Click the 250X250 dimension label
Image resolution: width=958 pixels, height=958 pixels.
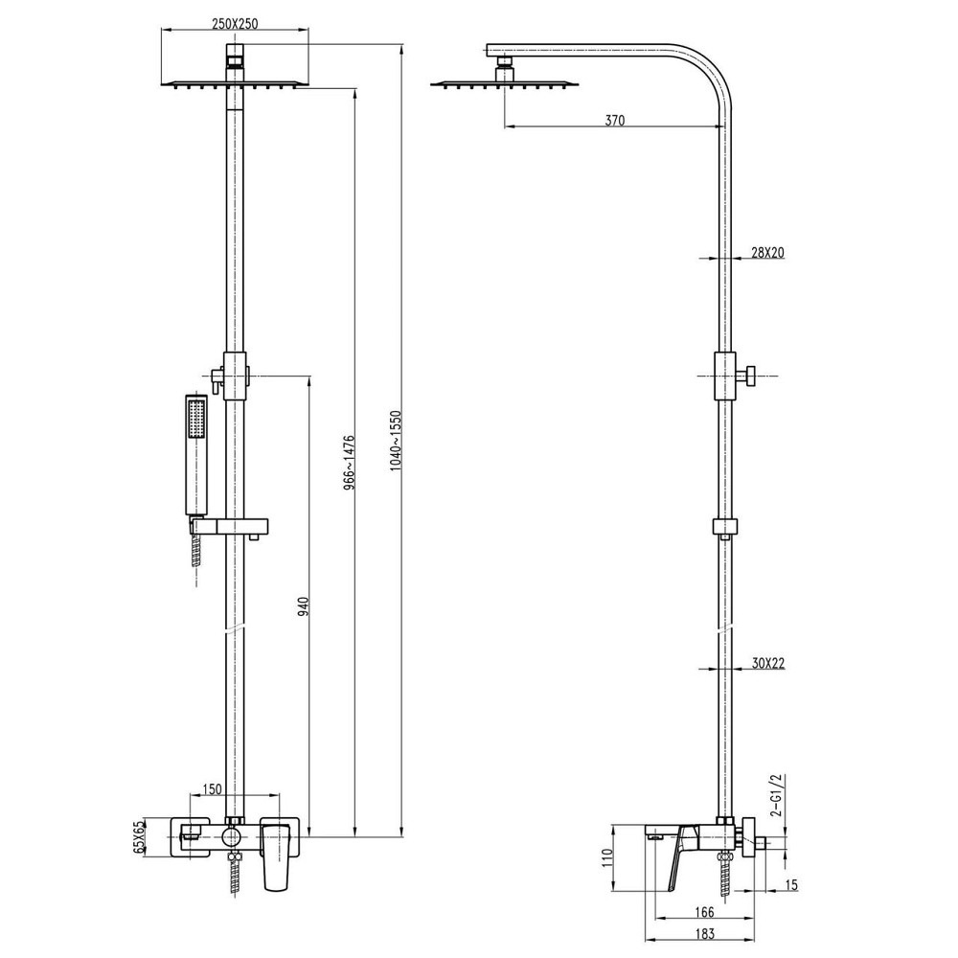tap(235, 24)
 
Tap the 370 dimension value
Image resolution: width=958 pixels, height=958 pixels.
tap(614, 121)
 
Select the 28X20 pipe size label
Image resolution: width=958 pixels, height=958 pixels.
tap(767, 253)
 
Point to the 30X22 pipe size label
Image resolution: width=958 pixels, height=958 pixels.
tap(768, 663)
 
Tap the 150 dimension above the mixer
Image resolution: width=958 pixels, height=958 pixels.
tap(212, 789)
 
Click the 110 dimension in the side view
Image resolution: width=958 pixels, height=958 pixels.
tap(604, 856)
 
